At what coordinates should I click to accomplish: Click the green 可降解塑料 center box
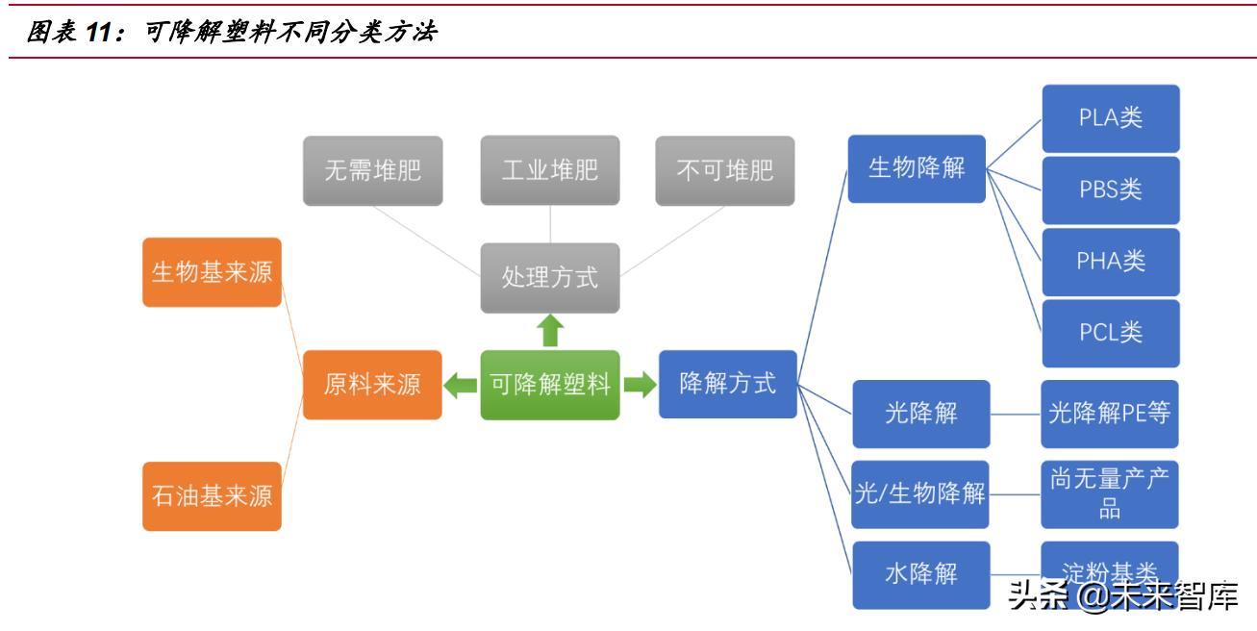pyautogui.click(x=550, y=385)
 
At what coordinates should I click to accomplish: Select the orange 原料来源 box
pyautogui.click(x=372, y=385)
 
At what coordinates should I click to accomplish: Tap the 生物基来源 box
pyautogui.click(x=212, y=272)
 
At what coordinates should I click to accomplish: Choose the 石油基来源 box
pyautogui.click(x=212, y=496)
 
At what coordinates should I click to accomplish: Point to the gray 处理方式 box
pyautogui.click(x=550, y=278)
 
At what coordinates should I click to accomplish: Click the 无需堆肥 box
pyautogui.click(x=372, y=171)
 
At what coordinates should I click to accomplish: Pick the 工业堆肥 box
pyautogui.click(x=550, y=171)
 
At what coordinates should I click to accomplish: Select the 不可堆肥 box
pyautogui.click(x=725, y=171)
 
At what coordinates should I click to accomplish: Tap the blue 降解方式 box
pyautogui.click(x=728, y=384)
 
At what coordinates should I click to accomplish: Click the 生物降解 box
pyautogui.click(x=917, y=168)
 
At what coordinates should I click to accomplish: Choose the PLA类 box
pyautogui.click(x=1111, y=118)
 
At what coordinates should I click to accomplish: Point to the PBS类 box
pyautogui.click(x=1111, y=189)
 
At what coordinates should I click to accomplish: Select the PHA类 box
pyautogui.click(x=1111, y=261)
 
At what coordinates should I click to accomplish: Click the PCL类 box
pyautogui.click(x=1111, y=333)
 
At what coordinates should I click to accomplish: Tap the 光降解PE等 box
pyautogui.click(x=1110, y=414)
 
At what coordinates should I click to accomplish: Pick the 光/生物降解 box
pyautogui.click(x=920, y=494)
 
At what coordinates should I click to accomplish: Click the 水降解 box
pyautogui.click(x=920, y=575)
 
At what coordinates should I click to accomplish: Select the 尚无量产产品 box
pyautogui.click(x=1110, y=494)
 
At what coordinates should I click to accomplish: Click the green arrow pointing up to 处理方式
pyautogui.click(x=550, y=330)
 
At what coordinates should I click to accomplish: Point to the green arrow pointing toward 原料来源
pyautogui.click(x=461, y=386)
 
